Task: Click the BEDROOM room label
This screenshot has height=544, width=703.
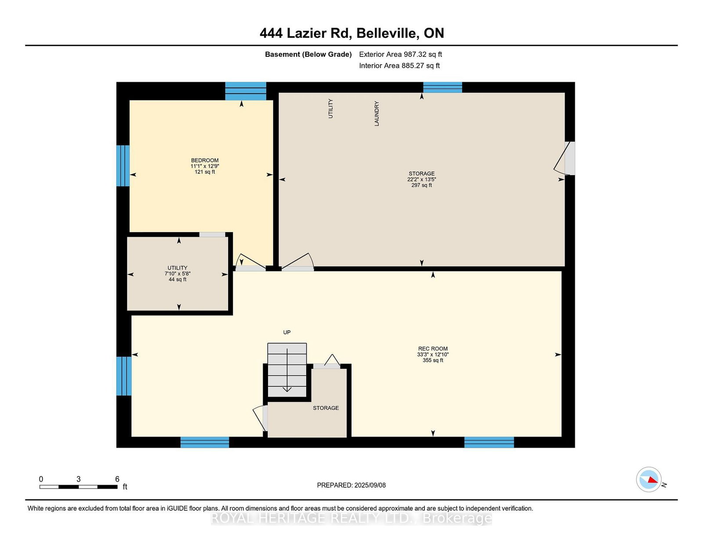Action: point(205,160)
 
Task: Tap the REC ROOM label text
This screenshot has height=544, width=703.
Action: point(433,349)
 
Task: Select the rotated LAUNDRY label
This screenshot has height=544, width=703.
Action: point(377,113)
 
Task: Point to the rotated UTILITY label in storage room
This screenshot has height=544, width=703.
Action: point(330,109)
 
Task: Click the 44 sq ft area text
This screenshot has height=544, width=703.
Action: point(177,279)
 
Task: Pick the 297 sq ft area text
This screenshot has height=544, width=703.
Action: point(421,185)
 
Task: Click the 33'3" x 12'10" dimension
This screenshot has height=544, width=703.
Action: point(433,354)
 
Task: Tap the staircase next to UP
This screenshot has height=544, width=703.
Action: point(287,370)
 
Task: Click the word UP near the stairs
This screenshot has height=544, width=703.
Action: point(287,332)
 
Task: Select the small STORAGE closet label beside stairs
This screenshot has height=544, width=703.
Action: point(326,408)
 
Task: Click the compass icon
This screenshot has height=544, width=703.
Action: point(649,479)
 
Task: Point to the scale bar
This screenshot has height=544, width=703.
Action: point(78,487)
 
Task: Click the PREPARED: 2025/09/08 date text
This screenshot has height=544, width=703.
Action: point(351,485)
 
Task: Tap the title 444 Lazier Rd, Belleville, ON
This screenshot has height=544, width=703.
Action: point(351,33)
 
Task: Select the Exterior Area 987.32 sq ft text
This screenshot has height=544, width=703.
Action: point(401,55)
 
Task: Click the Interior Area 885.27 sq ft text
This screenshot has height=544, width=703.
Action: point(399,66)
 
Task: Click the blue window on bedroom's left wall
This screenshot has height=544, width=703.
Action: point(123,166)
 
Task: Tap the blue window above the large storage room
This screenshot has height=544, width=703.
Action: point(442,88)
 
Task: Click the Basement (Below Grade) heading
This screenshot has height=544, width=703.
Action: point(308,55)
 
